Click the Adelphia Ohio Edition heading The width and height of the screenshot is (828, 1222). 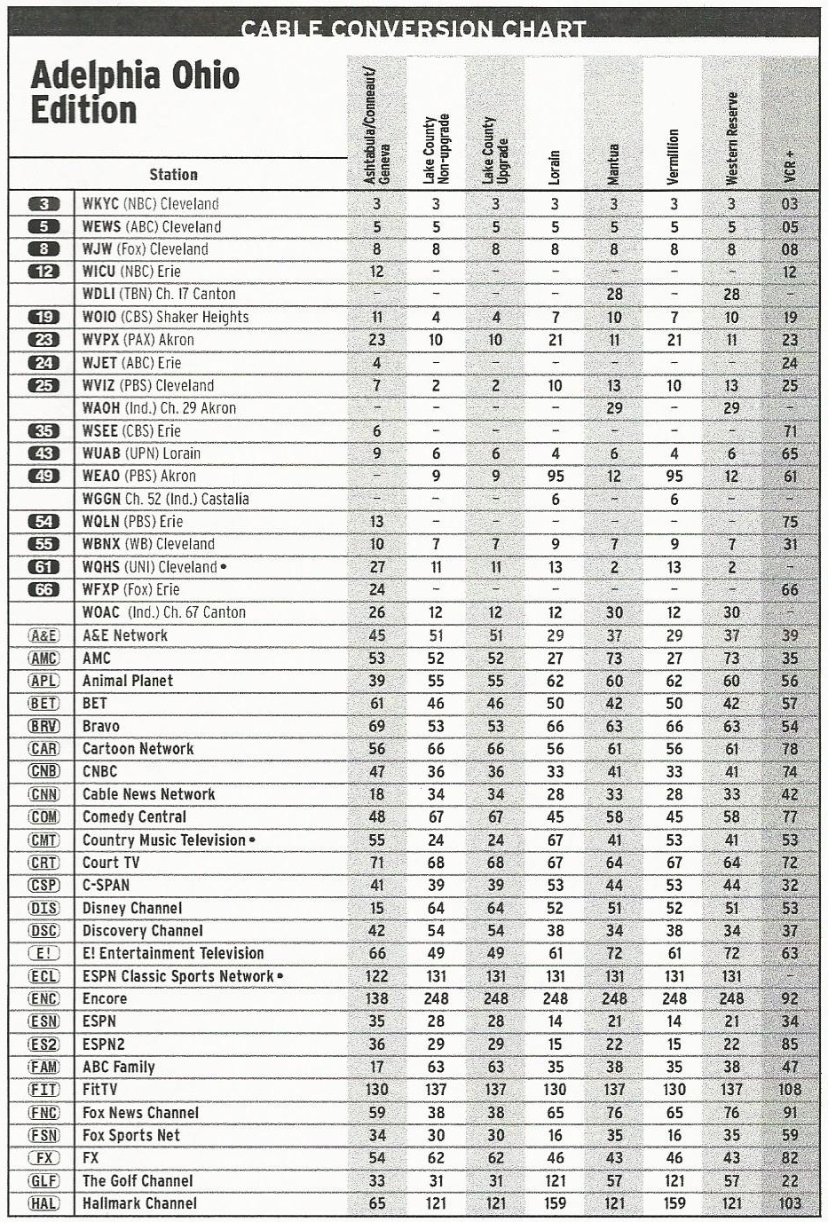point(135,93)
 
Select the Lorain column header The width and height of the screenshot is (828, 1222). point(555,166)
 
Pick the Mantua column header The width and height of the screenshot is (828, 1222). point(614,163)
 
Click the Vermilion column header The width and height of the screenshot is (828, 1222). point(674,157)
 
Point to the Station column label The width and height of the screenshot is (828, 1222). point(173,175)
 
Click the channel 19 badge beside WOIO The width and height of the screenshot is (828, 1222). point(44,317)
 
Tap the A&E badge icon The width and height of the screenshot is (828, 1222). point(44,635)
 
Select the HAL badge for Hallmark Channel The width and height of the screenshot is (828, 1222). point(44,1203)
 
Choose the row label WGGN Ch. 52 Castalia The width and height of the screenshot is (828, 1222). point(165,499)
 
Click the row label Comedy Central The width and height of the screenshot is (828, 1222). point(134,816)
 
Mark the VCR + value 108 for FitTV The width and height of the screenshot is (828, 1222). point(789,1090)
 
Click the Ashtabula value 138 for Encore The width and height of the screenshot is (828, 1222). point(377,998)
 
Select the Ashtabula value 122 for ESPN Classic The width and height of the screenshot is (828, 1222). point(377,976)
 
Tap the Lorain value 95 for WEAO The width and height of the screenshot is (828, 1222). point(556,476)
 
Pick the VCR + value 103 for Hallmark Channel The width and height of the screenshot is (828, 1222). point(789,1203)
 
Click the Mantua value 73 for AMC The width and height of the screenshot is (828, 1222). point(614,658)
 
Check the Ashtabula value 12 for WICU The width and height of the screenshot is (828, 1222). point(377,272)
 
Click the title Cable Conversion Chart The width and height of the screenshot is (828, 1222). point(414,28)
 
